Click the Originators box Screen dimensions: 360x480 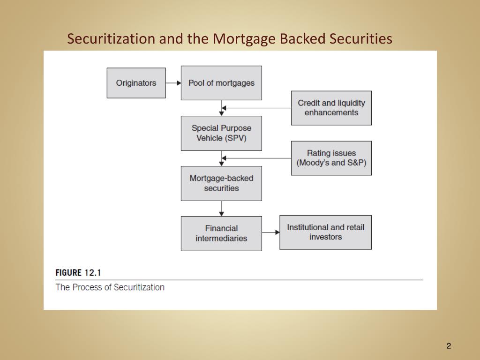coord(136,83)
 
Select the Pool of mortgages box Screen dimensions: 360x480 coord(221,83)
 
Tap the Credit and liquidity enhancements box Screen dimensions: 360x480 coord(331,108)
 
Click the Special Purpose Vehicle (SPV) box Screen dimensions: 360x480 coord(221,133)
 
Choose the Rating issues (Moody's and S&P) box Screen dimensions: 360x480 coord(331,158)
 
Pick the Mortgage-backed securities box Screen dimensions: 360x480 coord(221,183)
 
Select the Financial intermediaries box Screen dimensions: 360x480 coord(221,233)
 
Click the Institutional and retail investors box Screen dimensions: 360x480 coord(325,232)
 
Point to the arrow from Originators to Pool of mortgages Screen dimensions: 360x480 coord(173,83)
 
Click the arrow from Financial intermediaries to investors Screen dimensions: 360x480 coord(270,232)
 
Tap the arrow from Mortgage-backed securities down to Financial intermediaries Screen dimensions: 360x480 coord(221,208)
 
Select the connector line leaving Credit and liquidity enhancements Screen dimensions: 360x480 coord(258,108)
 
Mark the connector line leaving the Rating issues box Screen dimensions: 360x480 coord(258,158)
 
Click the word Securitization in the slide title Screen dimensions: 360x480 coord(111,39)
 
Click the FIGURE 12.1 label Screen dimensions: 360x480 coord(78,273)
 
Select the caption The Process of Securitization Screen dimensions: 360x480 coord(110,287)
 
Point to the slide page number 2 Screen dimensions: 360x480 coord(449,346)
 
